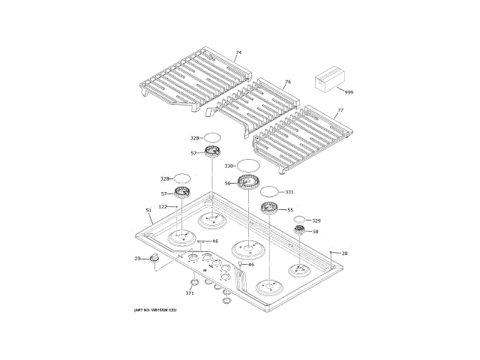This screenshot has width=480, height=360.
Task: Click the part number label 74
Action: tap(238, 53)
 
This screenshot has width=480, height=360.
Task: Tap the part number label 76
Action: tap(287, 81)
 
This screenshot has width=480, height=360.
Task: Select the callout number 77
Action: tap(340, 110)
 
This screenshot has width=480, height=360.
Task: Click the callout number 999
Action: tap(348, 92)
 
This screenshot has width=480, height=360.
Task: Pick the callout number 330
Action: tap(229, 165)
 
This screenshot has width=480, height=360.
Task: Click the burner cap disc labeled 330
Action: tap(248, 165)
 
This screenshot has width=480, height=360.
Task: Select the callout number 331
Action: tap(290, 192)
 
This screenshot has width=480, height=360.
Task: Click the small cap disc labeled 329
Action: tap(299, 220)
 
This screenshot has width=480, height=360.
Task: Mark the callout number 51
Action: tap(148, 210)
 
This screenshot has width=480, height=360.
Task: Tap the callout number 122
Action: tap(162, 206)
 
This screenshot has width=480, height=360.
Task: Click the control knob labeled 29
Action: tap(155, 258)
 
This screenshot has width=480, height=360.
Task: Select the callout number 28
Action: tap(345, 253)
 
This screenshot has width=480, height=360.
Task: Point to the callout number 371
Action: tap(190, 293)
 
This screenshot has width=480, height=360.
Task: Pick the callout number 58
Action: tap(316, 232)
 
